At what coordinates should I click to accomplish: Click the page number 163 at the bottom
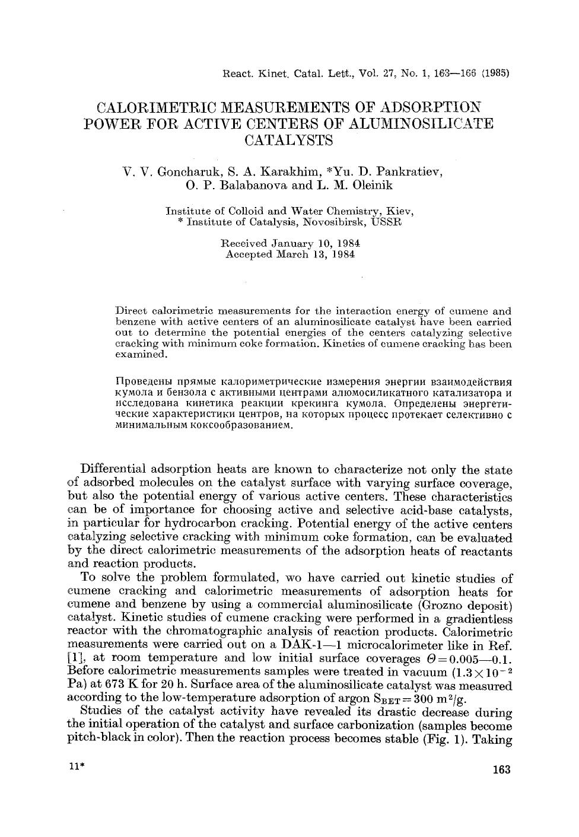501,770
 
